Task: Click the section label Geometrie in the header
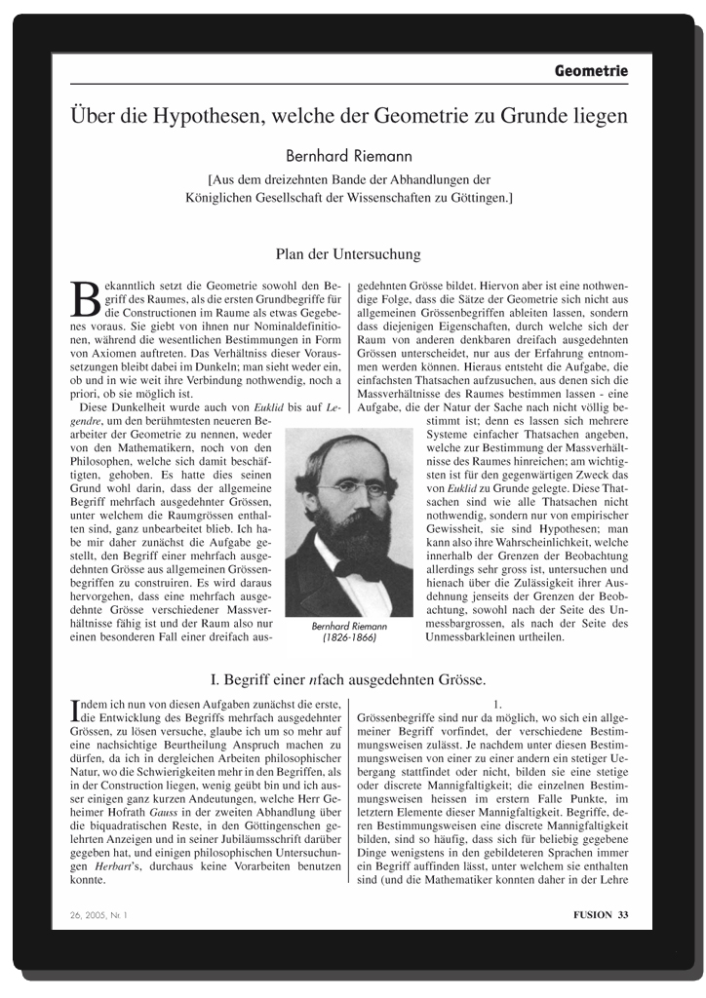click(591, 71)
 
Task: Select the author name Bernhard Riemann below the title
click(348, 155)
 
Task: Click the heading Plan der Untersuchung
click(348, 254)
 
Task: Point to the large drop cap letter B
click(87, 298)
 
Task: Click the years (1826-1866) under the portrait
click(348, 639)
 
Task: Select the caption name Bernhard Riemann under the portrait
click(348, 626)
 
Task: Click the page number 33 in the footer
click(623, 914)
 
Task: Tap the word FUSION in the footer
click(593, 914)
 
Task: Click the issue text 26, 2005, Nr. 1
click(99, 914)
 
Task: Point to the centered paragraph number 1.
click(497, 703)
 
